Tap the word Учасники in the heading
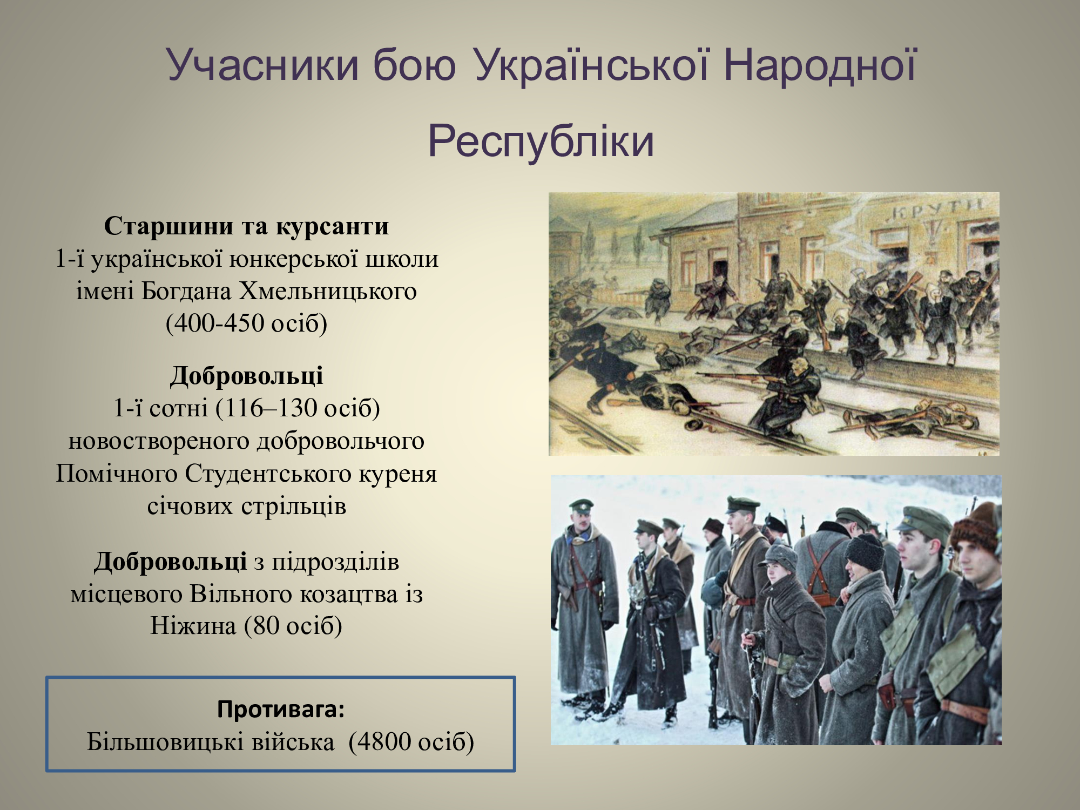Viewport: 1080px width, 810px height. pyautogui.click(x=262, y=65)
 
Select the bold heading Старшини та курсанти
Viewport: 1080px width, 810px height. pyautogui.click(x=246, y=226)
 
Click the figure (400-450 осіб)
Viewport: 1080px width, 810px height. pyautogui.click(x=246, y=323)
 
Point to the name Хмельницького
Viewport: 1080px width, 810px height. pyautogui.click(x=328, y=292)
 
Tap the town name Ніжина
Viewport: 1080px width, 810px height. pyautogui.click(x=193, y=626)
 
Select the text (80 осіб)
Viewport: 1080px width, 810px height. pyautogui.click(x=293, y=626)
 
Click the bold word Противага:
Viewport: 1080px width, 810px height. pyautogui.click(x=281, y=709)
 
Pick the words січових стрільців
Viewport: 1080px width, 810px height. pyautogui.click(x=247, y=507)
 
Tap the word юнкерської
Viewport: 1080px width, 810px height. pyautogui.click(x=294, y=259)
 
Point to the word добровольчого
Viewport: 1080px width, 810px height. pyautogui.click(x=340, y=442)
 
